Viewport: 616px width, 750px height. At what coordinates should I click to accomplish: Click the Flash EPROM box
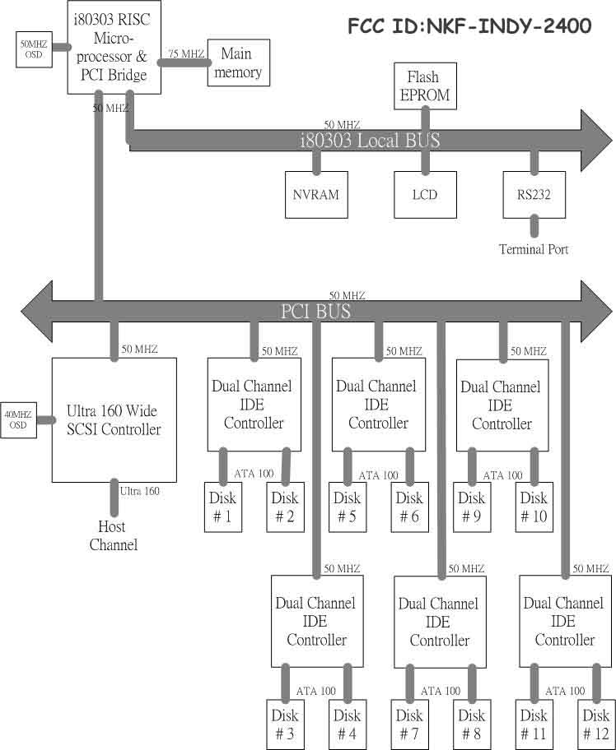click(424, 86)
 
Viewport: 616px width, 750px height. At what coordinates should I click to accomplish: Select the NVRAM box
click(315, 195)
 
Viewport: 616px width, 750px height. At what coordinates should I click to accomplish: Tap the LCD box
click(424, 195)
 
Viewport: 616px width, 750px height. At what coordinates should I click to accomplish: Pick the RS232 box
click(534, 195)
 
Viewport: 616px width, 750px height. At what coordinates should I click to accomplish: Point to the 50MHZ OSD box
click(34, 50)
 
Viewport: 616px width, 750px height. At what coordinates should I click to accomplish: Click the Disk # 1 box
click(222, 507)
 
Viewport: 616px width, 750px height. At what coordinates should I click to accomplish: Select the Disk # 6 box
click(409, 507)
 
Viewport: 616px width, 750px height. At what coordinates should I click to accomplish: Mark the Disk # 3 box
click(284, 724)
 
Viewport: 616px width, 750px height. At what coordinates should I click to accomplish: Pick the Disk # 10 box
click(534, 507)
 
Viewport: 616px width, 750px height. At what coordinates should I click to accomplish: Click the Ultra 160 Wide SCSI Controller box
click(114, 419)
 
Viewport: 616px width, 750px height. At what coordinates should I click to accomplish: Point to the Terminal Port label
click(534, 249)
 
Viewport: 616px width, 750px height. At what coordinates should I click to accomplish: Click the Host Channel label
click(113, 535)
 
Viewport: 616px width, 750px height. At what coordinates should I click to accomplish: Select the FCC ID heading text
click(469, 26)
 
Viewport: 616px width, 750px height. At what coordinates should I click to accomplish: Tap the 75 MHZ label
click(186, 53)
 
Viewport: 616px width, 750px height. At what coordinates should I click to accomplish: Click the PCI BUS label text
click(315, 312)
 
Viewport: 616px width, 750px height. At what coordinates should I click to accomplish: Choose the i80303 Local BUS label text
click(368, 141)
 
